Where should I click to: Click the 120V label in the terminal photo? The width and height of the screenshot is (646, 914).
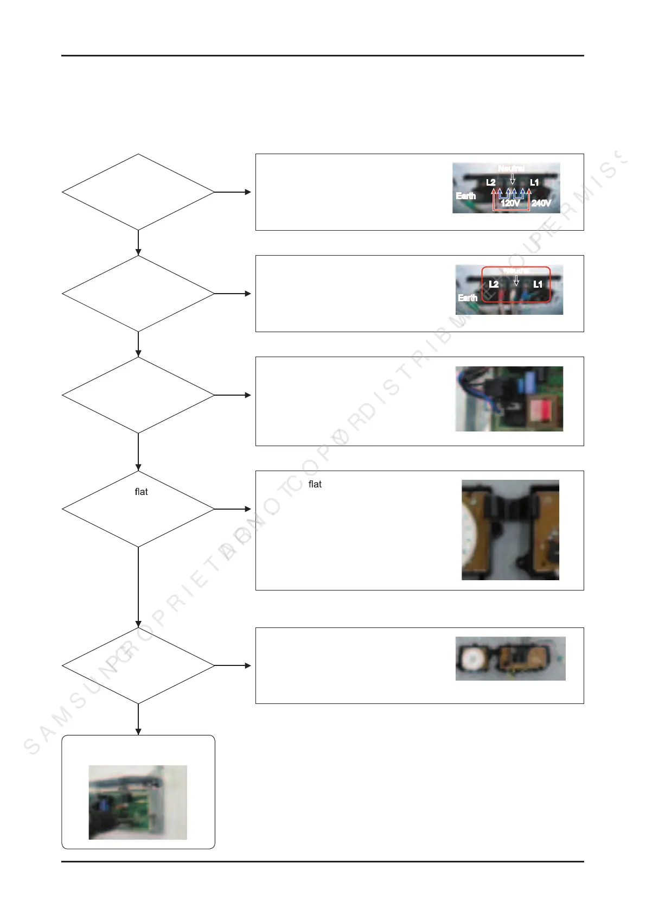coord(510,203)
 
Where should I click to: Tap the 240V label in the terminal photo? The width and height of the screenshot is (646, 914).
coord(541,203)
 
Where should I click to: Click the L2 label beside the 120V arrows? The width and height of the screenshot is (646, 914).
coord(491,182)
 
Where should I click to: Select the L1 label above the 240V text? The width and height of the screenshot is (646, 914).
coord(534,182)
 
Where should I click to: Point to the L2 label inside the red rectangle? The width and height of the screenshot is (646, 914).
coord(494,284)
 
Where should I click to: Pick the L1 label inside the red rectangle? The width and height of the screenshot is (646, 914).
coord(538,284)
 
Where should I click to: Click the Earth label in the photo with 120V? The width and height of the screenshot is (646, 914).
coord(466,196)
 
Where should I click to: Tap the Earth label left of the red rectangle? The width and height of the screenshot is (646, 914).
coord(468,297)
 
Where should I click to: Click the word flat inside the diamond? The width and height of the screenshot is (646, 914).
coord(141,492)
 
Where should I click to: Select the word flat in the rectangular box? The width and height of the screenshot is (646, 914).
coord(315,484)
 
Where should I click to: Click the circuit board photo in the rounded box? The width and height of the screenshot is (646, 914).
coord(138,802)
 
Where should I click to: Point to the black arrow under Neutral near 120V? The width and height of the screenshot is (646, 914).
coord(513,179)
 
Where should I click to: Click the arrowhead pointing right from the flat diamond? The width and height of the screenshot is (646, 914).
coord(248,509)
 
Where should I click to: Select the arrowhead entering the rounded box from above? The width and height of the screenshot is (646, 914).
coord(138,731)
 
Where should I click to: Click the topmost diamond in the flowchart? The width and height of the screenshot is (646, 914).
coord(138,192)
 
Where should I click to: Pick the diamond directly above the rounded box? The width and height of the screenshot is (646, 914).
coord(138,665)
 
